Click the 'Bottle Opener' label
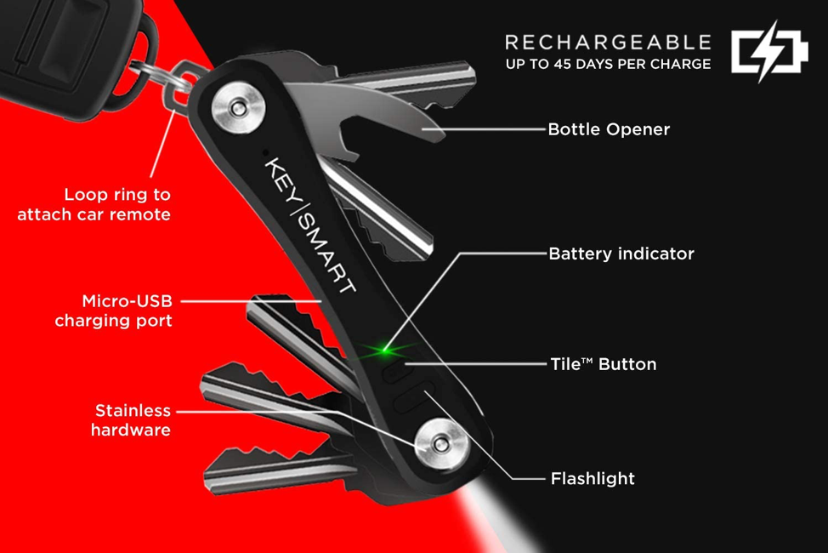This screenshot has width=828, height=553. click(x=609, y=130)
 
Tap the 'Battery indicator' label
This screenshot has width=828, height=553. click(x=621, y=254)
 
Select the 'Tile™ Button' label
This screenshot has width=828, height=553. click(x=603, y=364)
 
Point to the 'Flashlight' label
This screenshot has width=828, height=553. click(x=593, y=478)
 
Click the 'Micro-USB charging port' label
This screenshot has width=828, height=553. click(x=113, y=311)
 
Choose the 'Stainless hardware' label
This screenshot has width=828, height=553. click(x=131, y=420)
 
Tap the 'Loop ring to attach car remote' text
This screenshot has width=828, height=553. click(x=94, y=204)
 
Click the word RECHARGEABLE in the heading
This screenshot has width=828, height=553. click(x=608, y=42)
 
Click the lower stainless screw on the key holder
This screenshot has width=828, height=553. click(x=440, y=442)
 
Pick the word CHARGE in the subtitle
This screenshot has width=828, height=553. click(x=682, y=64)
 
